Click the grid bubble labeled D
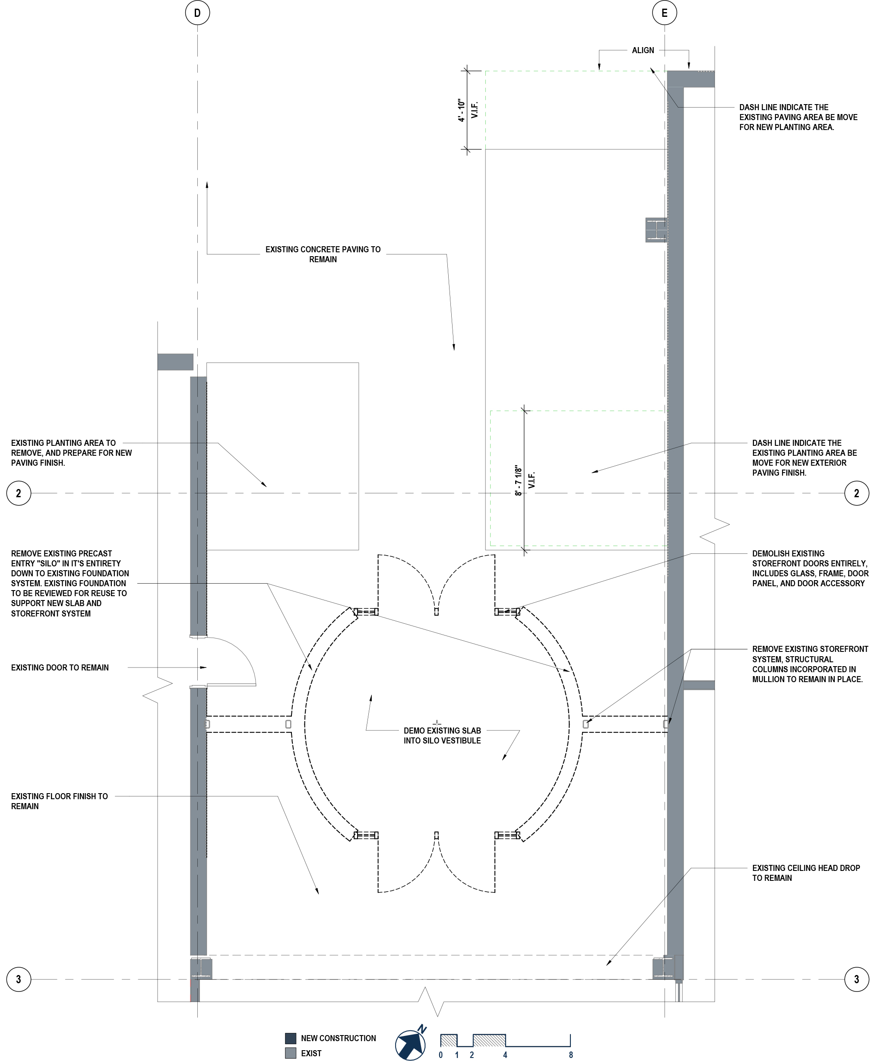coord(197,13)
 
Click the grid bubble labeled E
coord(664,13)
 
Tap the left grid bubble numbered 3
coord(19,979)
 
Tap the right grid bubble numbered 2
coord(856,493)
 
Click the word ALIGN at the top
coord(643,51)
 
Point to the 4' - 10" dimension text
coord(461,110)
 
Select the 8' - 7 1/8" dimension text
coord(519,480)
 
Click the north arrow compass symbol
coord(411,1045)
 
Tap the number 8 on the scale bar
coord(570,1055)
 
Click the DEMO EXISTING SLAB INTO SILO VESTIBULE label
coord(442,735)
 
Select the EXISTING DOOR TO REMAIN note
coord(60,668)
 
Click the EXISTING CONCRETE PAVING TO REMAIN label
coord(323,254)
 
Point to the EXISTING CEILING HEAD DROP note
coord(805,873)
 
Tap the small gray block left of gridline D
coord(175,362)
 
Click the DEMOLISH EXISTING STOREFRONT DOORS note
coord(810,568)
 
